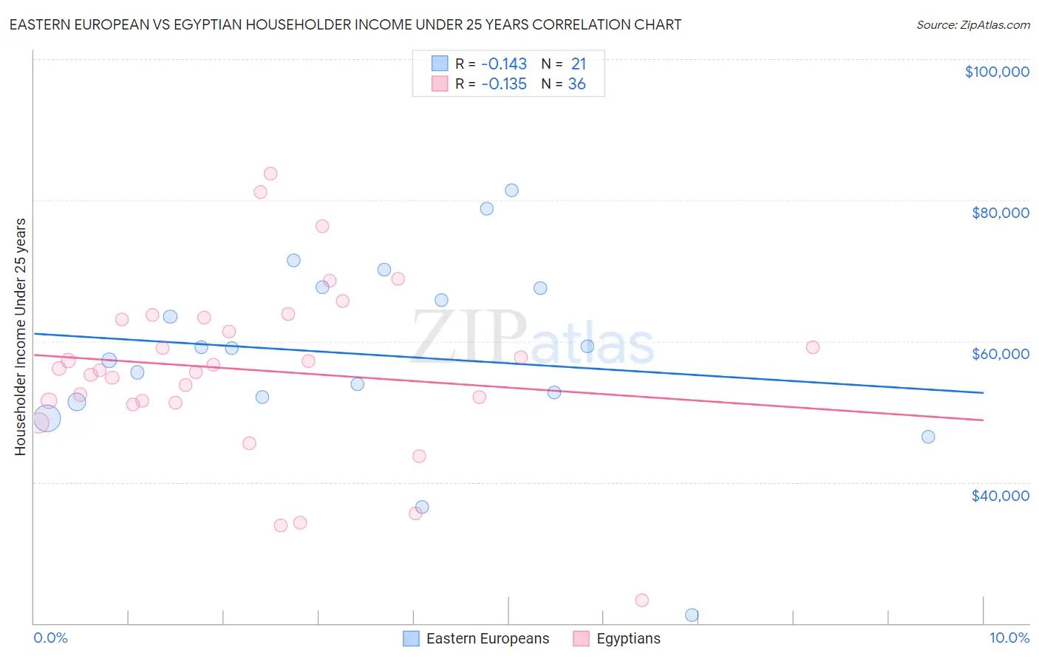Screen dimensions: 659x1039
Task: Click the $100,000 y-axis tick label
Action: tap(997, 72)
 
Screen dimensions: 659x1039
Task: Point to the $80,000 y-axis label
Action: tap(1000, 213)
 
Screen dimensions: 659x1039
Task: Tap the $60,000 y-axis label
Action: tap(1000, 354)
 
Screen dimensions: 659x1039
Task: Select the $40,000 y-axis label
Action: tap(1000, 495)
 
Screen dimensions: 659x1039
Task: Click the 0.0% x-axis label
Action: tap(50, 638)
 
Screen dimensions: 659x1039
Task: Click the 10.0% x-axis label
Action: tap(1009, 638)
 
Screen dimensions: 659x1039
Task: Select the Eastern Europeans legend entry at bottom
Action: tap(477, 638)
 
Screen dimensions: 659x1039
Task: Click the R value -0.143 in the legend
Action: tap(504, 64)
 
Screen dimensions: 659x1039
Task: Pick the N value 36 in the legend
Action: tap(576, 83)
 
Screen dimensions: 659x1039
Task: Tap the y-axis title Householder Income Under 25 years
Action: tap(20, 336)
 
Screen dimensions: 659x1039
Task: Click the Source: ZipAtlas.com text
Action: tap(972, 24)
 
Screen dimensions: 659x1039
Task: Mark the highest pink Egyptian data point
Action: tap(270, 174)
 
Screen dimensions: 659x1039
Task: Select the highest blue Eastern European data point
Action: tap(511, 190)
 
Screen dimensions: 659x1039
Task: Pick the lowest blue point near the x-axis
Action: tap(692, 615)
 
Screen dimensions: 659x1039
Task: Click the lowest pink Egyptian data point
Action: tap(642, 600)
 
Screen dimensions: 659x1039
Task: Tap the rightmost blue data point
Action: tap(928, 437)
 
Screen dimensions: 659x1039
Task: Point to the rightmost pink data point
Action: tap(813, 347)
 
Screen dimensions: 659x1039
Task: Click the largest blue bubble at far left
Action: tap(46, 418)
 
